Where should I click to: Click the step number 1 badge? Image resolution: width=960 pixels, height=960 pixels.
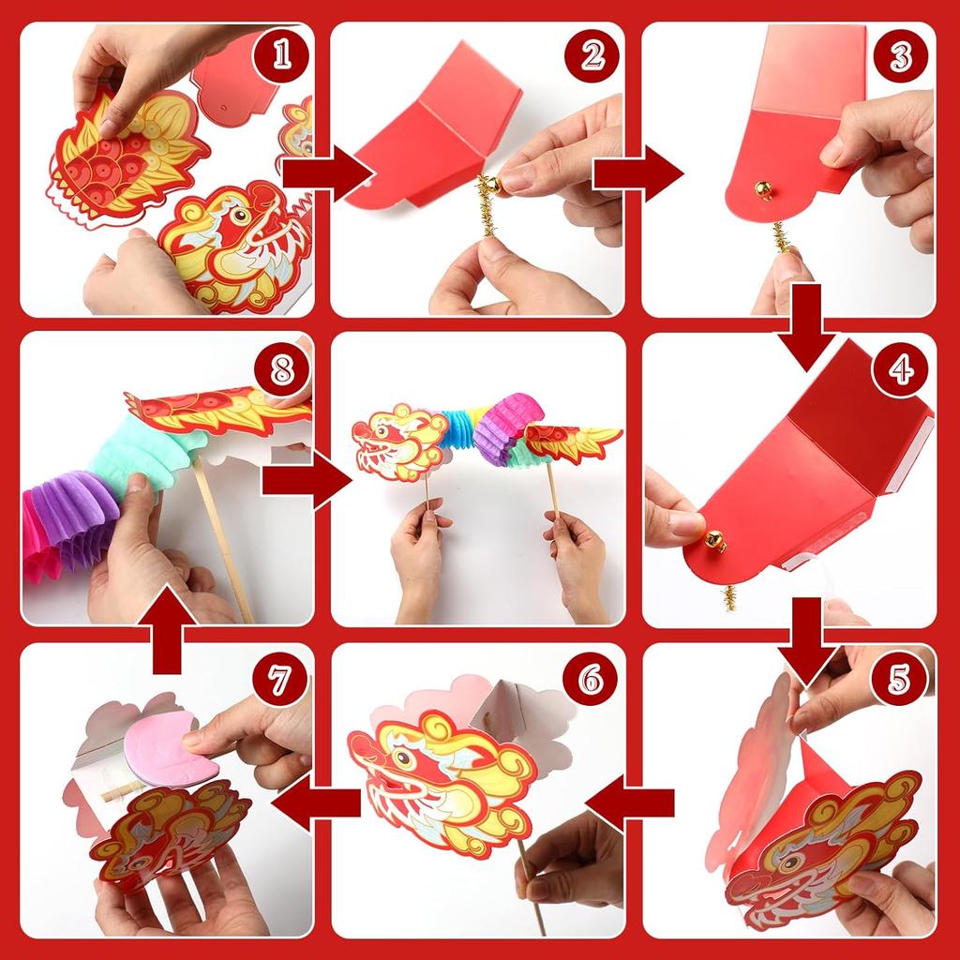click(x=281, y=55)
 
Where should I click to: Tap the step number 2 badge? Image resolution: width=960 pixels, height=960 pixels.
click(x=592, y=55)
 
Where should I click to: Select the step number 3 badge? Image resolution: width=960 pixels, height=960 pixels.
click(x=901, y=56)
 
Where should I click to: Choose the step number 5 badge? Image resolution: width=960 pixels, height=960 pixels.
click(x=898, y=680)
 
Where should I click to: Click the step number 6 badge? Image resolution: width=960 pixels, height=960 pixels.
click(x=591, y=680)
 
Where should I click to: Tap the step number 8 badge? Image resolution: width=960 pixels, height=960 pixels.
click(x=281, y=369)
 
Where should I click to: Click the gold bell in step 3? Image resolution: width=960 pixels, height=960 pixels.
click(x=763, y=189)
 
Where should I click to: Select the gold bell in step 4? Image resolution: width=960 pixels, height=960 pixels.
click(x=714, y=541)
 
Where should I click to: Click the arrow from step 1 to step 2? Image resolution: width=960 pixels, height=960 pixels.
click(x=327, y=173)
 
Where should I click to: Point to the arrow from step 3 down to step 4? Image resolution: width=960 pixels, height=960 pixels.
click(x=808, y=327)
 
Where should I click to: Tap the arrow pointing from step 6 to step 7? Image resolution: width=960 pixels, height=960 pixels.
click(x=316, y=802)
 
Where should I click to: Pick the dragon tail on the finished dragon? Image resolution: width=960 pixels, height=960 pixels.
click(x=573, y=442)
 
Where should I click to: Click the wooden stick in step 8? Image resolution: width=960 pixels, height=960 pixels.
click(x=223, y=540)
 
